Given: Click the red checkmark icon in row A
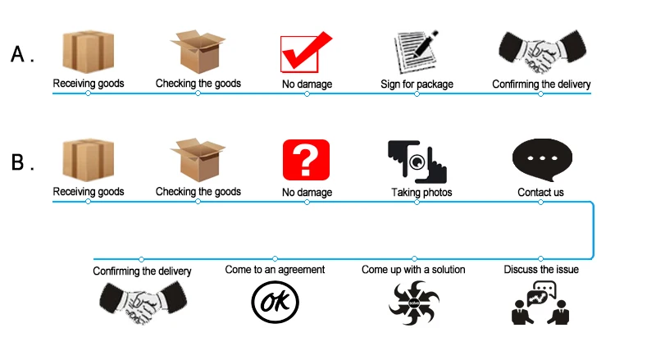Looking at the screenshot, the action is pyautogui.click(x=305, y=52).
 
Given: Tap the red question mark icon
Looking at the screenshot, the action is pyautogui.click(x=306, y=160).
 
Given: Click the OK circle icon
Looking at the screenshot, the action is pyautogui.click(x=274, y=301).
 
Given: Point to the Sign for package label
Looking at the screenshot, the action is pyautogui.click(x=417, y=84).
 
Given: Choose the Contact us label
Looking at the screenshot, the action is pyautogui.click(x=540, y=193).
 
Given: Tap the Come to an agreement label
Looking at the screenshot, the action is pyautogui.click(x=275, y=269).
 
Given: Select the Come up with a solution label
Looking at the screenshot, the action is pyautogui.click(x=413, y=269).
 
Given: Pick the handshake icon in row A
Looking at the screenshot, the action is pyautogui.click(x=540, y=53).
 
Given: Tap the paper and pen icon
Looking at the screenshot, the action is pyautogui.click(x=417, y=52).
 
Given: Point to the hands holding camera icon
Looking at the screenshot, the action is pyautogui.click(x=417, y=161).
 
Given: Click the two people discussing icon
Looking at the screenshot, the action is pyautogui.click(x=540, y=303).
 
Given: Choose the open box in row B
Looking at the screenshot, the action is pyautogui.click(x=198, y=160).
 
